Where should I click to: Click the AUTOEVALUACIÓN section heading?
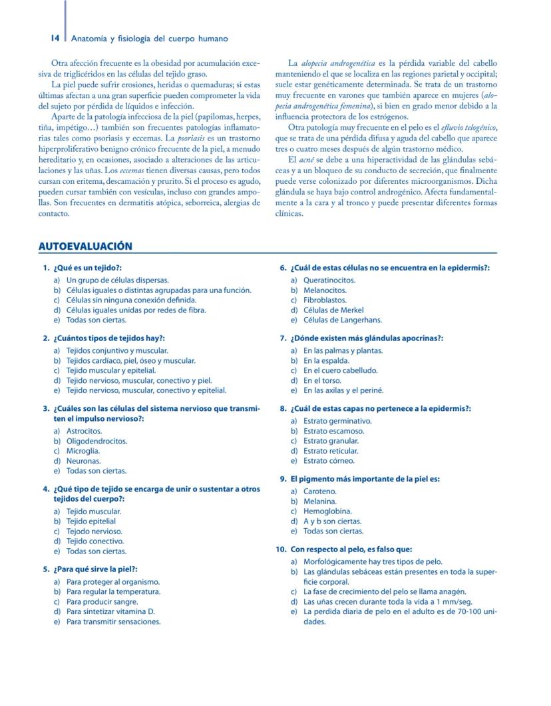pyautogui.click(x=86, y=246)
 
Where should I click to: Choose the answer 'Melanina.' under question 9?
pyautogui.click(x=320, y=501)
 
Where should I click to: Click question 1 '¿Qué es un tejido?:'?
pyautogui.click(x=87, y=268)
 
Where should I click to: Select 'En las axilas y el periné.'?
pyautogui.click(x=343, y=390)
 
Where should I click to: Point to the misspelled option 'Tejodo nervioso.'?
pyautogui.click(x=94, y=531)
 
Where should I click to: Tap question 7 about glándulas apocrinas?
pyautogui.click(x=367, y=338)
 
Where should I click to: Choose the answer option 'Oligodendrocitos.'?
pyautogui.click(x=96, y=441)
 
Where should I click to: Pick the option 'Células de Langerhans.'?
pyautogui.click(x=343, y=320)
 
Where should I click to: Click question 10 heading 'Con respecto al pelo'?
pyautogui.click(x=351, y=549)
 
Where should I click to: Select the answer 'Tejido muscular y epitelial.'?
pyautogui.click(x=111, y=370)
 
